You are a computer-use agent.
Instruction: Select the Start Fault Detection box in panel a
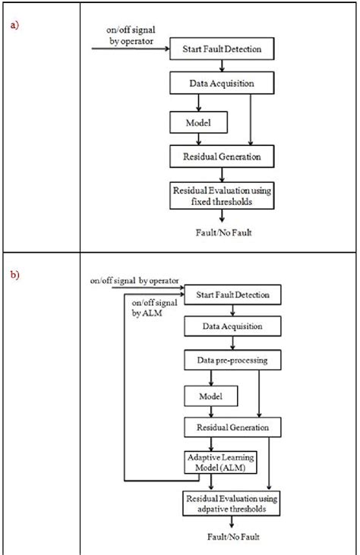[223, 49]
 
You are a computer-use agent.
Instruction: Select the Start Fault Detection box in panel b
[227, 294]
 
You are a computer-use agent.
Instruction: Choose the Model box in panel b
[210, 396]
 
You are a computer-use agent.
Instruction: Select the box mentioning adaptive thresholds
[227, 503]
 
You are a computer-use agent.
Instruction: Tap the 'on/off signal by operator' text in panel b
[132, 281]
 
